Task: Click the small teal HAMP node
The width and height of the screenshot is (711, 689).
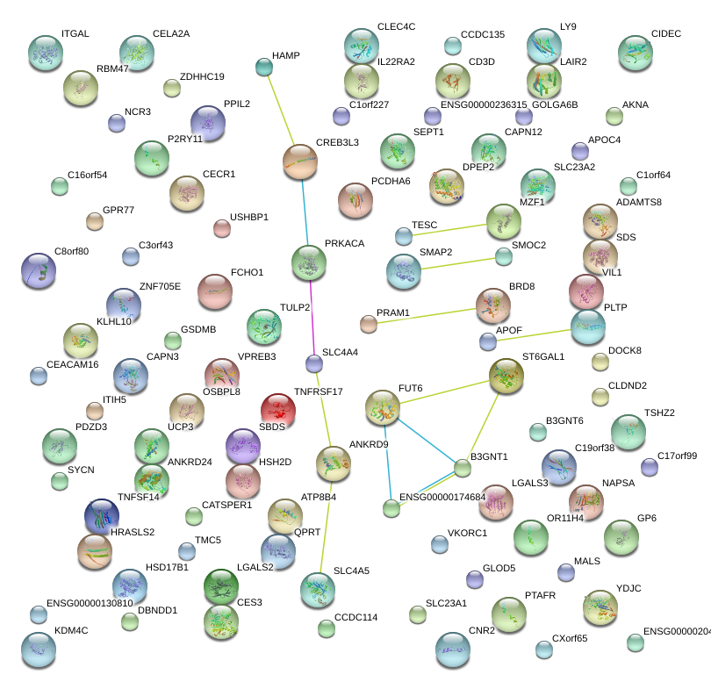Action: coord(264,66)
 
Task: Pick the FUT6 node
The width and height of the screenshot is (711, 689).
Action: coord(383,408)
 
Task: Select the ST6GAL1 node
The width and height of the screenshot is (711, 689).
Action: coord(506,376)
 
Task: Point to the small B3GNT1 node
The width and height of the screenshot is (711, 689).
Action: coord(463,468)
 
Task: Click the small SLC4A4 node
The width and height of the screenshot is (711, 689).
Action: coord(314,363)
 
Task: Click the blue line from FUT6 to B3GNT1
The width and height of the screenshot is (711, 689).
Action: coord(422,438)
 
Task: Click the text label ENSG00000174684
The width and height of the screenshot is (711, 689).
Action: coord(442,498)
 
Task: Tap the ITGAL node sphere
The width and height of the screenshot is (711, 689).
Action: coord(45,53)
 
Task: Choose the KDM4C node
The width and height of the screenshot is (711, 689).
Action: coord(39,650)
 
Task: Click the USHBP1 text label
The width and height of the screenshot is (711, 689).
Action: coord(248,217)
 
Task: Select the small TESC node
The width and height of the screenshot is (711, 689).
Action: coord(404,235)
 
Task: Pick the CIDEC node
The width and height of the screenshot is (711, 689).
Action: coord(635,53)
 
